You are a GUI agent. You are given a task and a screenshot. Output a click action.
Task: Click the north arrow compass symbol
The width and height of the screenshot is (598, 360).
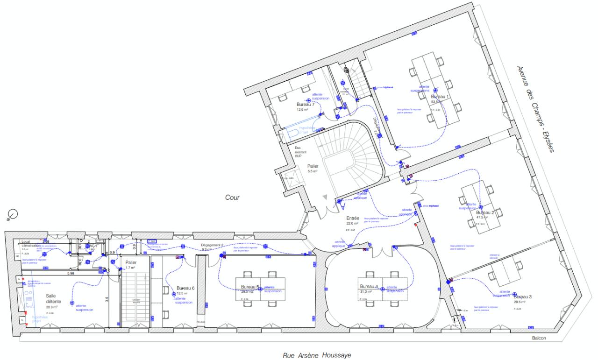13,214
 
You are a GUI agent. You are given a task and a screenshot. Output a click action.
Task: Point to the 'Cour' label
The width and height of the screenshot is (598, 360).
232,198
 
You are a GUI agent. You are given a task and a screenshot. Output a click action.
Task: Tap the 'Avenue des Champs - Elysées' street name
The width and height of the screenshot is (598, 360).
535,109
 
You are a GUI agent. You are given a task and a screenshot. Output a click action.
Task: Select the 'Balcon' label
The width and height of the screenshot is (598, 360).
538,339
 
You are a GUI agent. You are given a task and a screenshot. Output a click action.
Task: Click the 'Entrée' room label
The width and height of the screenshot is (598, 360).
352,218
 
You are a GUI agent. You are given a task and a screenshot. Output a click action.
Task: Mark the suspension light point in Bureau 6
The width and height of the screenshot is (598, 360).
174,294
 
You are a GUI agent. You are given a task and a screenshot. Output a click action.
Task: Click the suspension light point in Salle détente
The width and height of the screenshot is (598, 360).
72,303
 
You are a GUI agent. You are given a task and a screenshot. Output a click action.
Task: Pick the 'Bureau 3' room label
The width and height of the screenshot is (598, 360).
523,296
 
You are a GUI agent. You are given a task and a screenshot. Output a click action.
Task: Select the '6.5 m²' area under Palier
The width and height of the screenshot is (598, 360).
313,171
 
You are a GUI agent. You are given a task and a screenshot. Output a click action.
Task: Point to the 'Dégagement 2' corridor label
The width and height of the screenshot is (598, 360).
213,244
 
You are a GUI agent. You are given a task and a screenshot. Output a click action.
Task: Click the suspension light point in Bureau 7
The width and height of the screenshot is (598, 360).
308,100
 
